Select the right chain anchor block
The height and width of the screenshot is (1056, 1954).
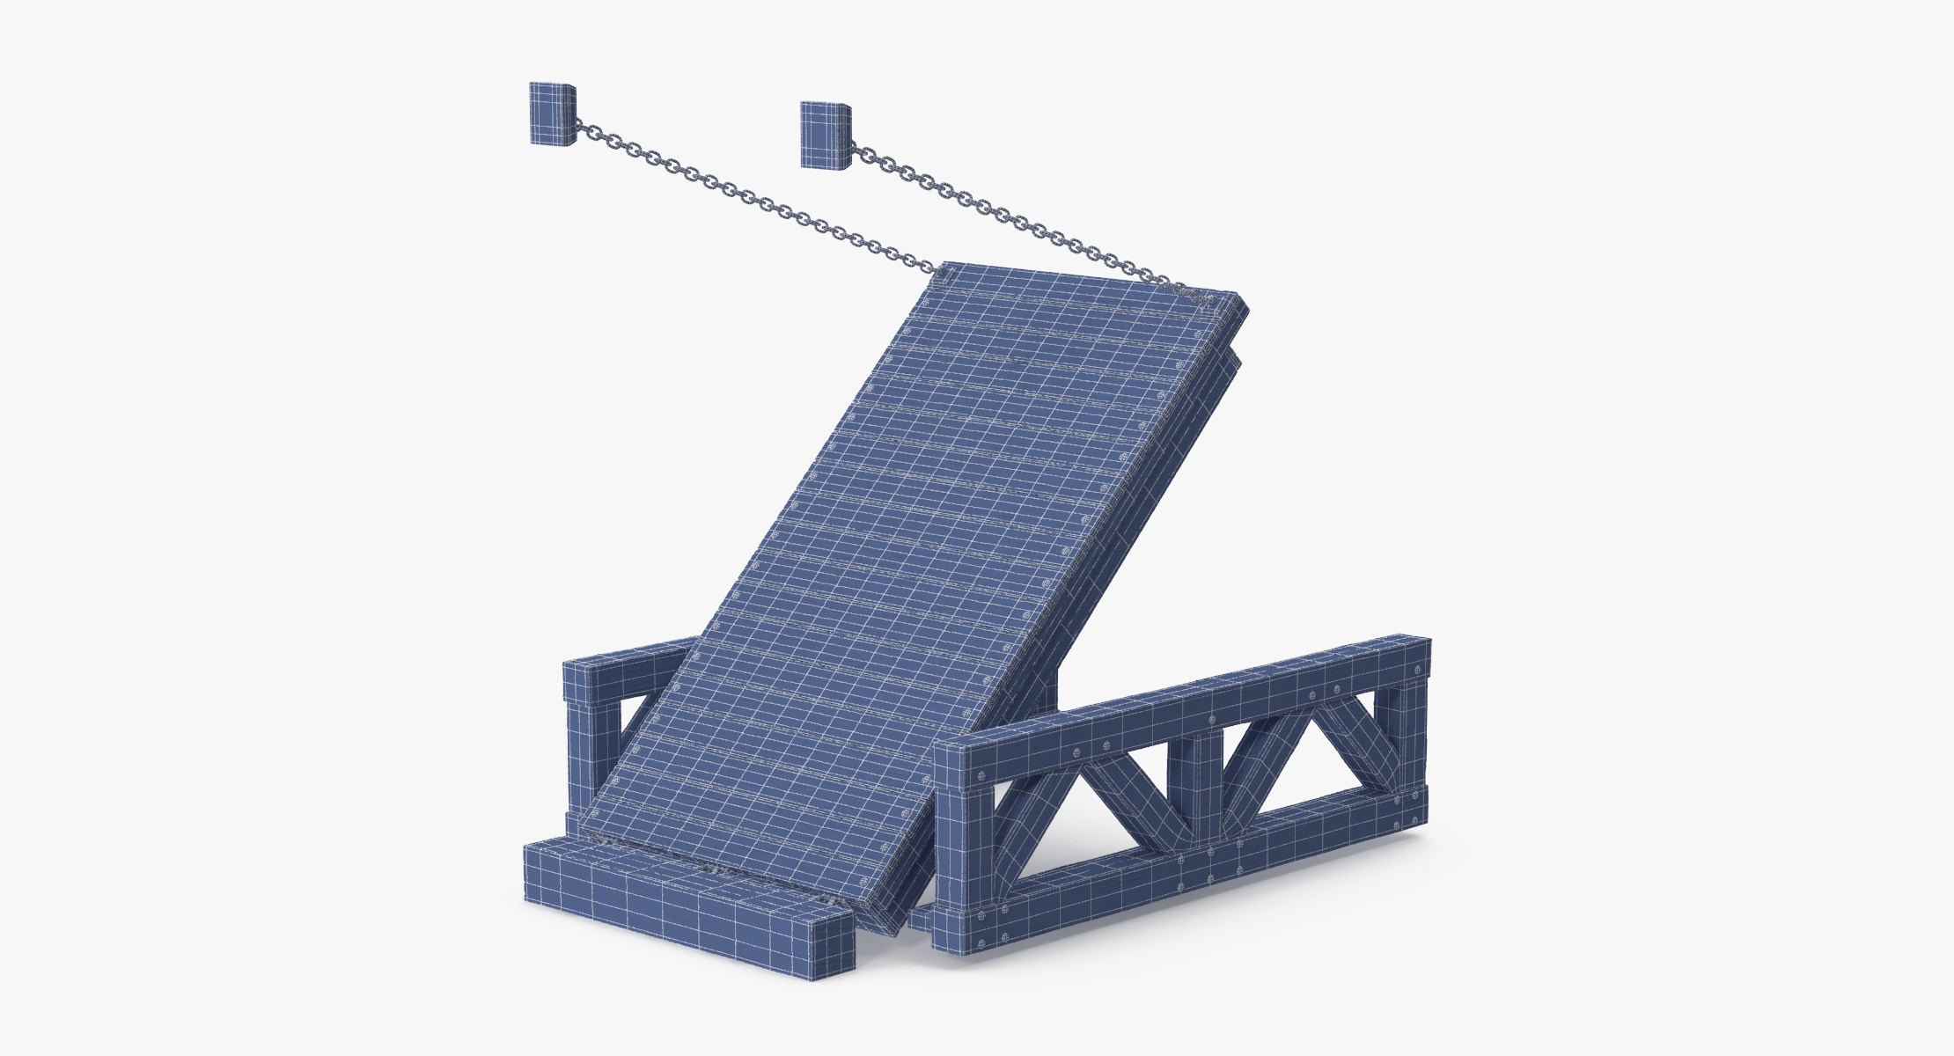point(825,134)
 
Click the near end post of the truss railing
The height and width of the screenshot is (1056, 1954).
point(961,845)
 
